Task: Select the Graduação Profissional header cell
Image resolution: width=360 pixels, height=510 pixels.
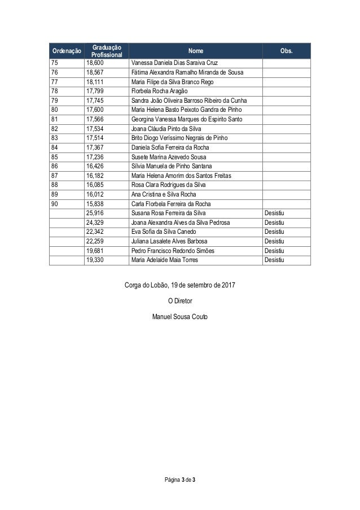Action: click(107, 50)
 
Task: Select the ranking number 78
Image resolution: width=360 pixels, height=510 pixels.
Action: click(54, 90)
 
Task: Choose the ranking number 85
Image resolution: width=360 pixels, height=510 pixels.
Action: click(54, 156)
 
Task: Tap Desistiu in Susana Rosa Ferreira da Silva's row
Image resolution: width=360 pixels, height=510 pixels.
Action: click(274, 212)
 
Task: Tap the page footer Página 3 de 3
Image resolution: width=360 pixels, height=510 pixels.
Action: click(180, 480)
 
